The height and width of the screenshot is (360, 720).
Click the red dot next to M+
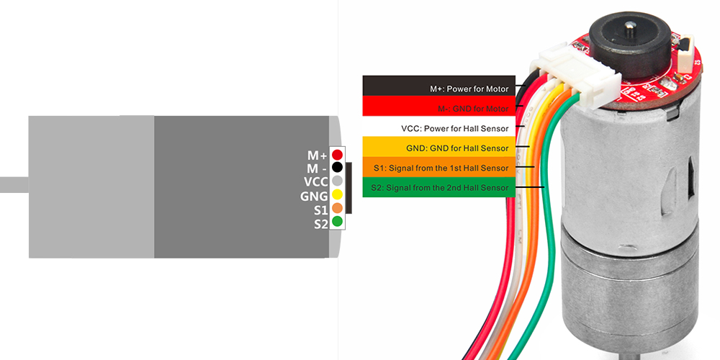click(337, 155)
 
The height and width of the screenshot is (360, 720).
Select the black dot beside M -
click(337, 168)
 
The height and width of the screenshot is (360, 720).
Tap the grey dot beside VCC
click(337, 181)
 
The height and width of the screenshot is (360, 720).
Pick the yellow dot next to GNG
click(337, 195)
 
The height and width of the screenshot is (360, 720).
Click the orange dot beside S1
click(337, 209)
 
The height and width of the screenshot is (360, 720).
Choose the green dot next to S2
click(337, 222)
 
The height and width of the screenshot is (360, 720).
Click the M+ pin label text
click(317, 155)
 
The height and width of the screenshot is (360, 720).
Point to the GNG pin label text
click(314, 196)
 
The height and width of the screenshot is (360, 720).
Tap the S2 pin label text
click(320, 223)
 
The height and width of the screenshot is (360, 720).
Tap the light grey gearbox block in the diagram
click(91, 186)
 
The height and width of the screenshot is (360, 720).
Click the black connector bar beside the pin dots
click(349, 189)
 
